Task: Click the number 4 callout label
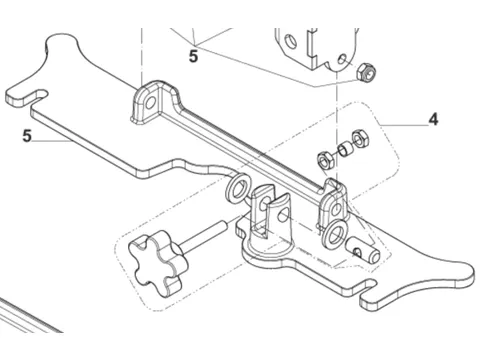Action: point(433,120)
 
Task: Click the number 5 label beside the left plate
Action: point(27,136)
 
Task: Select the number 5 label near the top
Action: point(193,56)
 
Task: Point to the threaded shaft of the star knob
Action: point(205,236)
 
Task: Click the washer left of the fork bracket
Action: point(239,189)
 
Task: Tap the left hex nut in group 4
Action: point(325,161)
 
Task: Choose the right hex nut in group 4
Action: point(360,138)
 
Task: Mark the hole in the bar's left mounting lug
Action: point(151,102)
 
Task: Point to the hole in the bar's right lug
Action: point(337,209)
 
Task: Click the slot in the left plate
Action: point(37,94)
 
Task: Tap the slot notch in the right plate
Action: point(368,286)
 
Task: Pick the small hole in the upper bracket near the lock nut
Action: point(343,59)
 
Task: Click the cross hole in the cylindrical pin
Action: point(357,252)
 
